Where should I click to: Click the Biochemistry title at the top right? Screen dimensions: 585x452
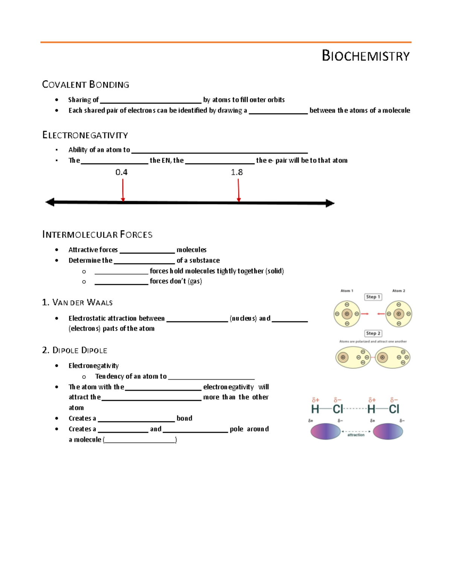[365, 56]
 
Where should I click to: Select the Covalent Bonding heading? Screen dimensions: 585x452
[86, 84]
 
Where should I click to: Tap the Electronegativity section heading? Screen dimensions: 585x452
[85, 135]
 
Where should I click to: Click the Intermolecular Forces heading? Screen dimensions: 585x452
[97, 235]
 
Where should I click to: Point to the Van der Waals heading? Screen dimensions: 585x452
[78, 302]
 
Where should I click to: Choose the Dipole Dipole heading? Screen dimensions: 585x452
[75, 350]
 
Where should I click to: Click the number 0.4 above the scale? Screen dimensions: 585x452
[121, 172]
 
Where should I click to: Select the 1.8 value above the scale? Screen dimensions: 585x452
[237, 172]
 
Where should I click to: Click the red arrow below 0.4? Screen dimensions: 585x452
[123, 190]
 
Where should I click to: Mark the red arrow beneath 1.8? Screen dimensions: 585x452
[238, 190]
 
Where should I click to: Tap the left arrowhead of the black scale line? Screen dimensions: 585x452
[50, 202]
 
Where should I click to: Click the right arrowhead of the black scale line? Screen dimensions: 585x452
[330, 203]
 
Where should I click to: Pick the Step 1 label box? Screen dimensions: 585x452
[373, 297]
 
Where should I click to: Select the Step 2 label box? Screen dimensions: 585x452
[373, 333]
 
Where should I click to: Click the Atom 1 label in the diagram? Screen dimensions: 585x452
[347, 291]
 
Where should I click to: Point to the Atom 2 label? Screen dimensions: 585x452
[399, 291]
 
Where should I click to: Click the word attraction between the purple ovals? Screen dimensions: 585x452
[356, 435]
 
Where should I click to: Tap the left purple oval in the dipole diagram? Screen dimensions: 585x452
[325, 431]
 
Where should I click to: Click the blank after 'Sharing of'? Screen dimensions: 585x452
[151, 100]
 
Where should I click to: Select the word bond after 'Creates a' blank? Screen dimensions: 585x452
[184, 418]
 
